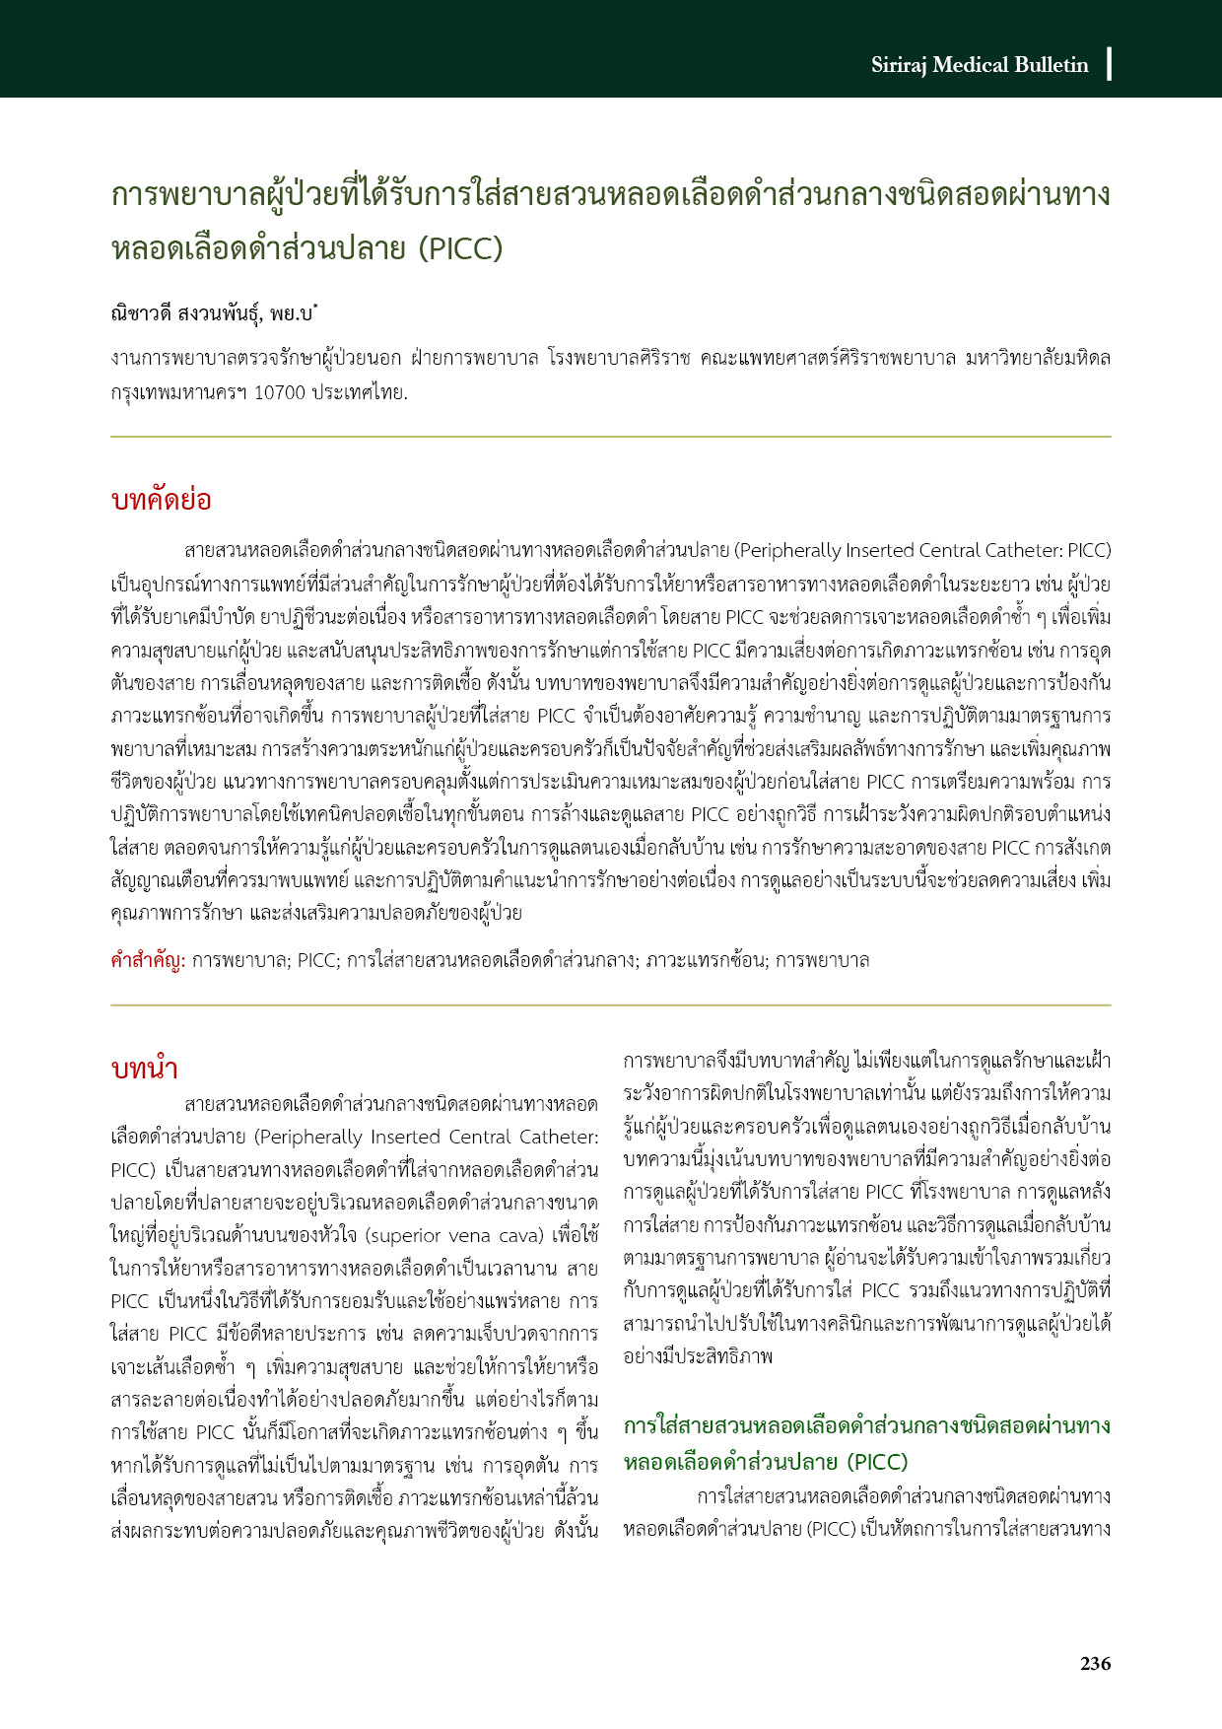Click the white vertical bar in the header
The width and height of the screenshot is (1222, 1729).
tap(1110, 63)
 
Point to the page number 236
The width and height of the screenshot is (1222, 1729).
tap(1095, 1664)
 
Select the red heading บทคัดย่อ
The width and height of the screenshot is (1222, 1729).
tap(161, 500)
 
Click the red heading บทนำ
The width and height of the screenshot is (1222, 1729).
tap(144, 1070)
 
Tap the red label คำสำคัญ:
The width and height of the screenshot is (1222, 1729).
tap(148, 960)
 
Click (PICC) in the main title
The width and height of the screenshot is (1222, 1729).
tap(460, 247)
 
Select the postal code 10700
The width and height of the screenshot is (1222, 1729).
tap(280, 392)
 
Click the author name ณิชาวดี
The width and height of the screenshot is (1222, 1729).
tap(141, 314)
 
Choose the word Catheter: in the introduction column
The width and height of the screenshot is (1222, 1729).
tap(559, 1137)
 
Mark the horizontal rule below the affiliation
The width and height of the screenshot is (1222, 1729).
tap(610, 437)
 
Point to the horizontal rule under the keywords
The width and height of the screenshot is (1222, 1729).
tap(610, 1005)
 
